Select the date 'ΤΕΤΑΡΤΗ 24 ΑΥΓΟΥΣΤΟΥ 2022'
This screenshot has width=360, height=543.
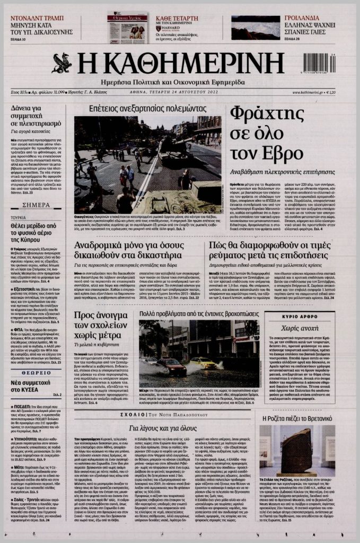click(181, 92)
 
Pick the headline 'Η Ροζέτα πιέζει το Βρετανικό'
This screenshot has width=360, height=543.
click(307, 418)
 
